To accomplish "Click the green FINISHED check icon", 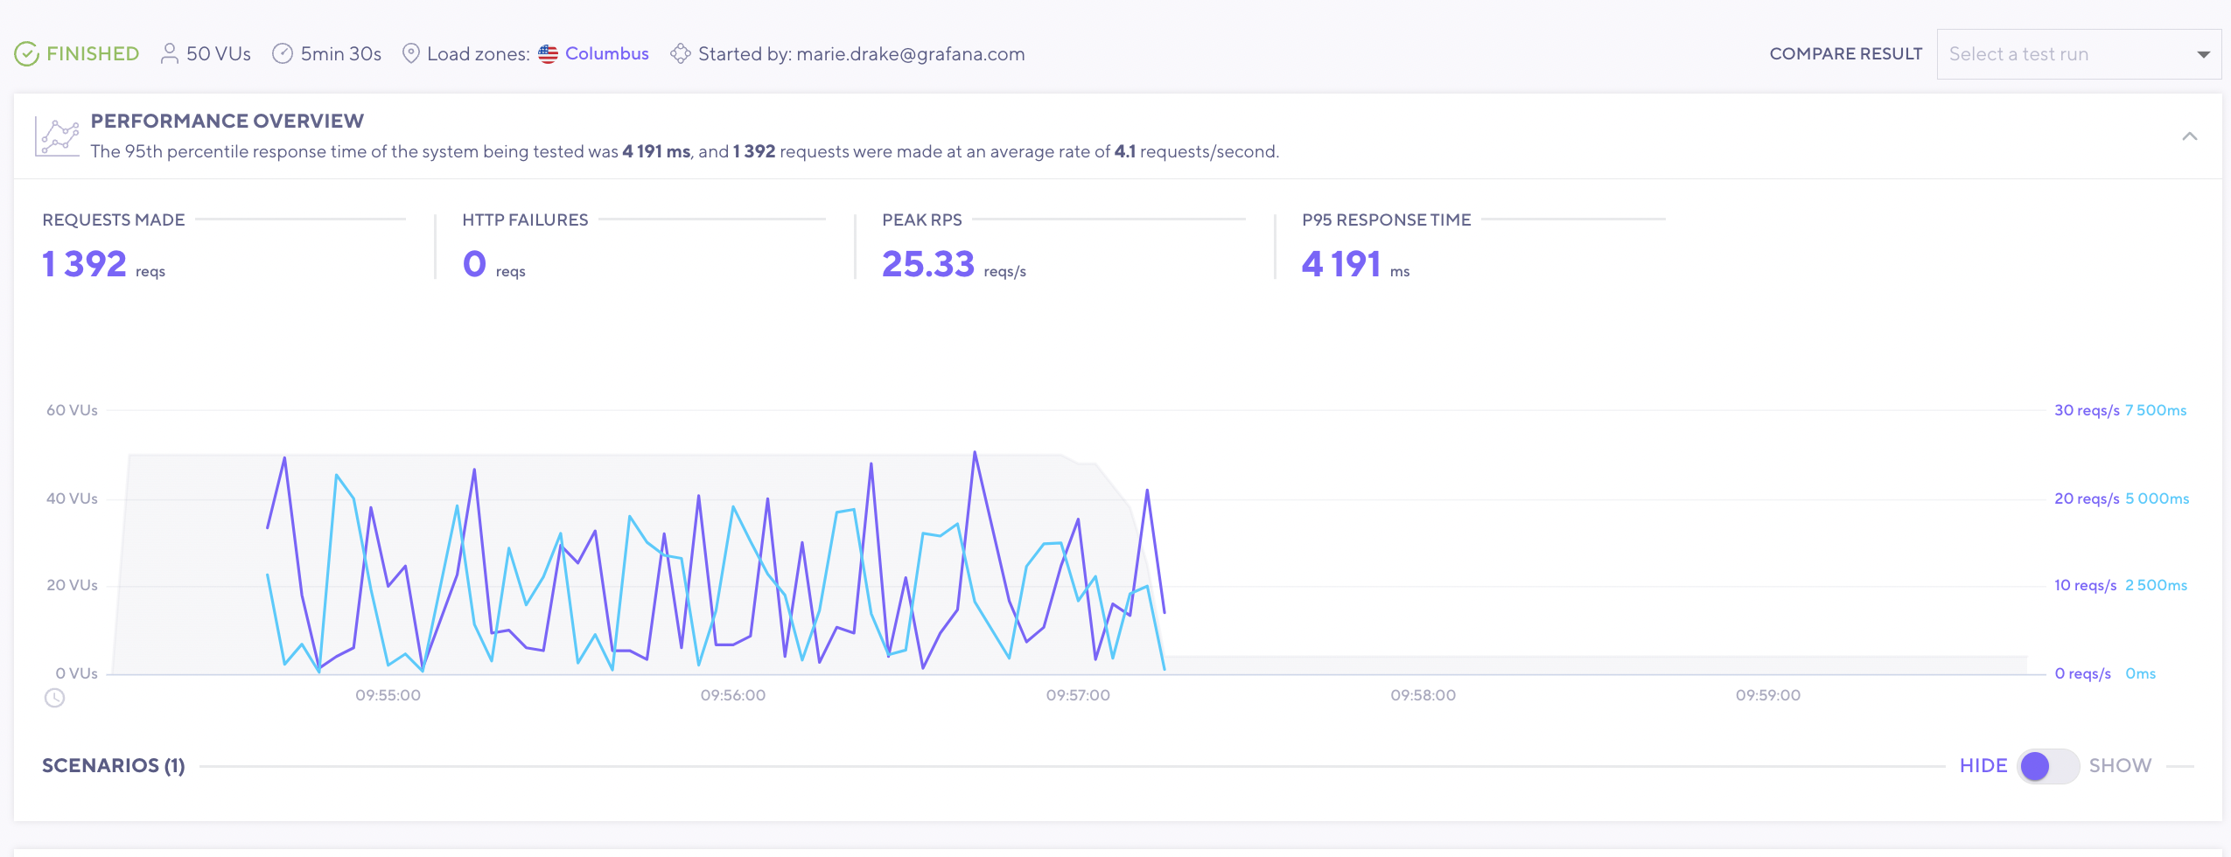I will (x=26, y=54).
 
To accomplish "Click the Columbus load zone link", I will (x=606, y=53).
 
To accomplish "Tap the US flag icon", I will (x=548, y=54).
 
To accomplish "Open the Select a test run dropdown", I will (x=2078, y=54).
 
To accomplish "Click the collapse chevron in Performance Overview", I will (x=2189, y=136).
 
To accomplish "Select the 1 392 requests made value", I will (x=85, y=264).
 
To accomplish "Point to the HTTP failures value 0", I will (x=474, y=264).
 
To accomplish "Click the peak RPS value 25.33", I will (x=927, y=264).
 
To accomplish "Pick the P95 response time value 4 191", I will (x=1340, y=264).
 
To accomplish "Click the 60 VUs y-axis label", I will (x=72, y=410).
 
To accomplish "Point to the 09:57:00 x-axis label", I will (x=1078, y=695).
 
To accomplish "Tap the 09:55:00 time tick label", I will (x=388, y=695).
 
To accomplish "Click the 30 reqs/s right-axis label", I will (x=2086, y=410).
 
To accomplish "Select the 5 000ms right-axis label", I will (x=2157, y=498).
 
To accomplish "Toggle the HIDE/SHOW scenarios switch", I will (x=2047, y=766).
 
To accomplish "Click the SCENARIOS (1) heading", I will (x=114, y=766).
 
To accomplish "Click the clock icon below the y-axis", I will (x=54, y=698).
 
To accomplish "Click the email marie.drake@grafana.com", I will (x=910, y=54).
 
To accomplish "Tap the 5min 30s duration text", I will (x=340, y=54).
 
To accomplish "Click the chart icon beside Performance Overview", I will (x=58, y=136).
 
